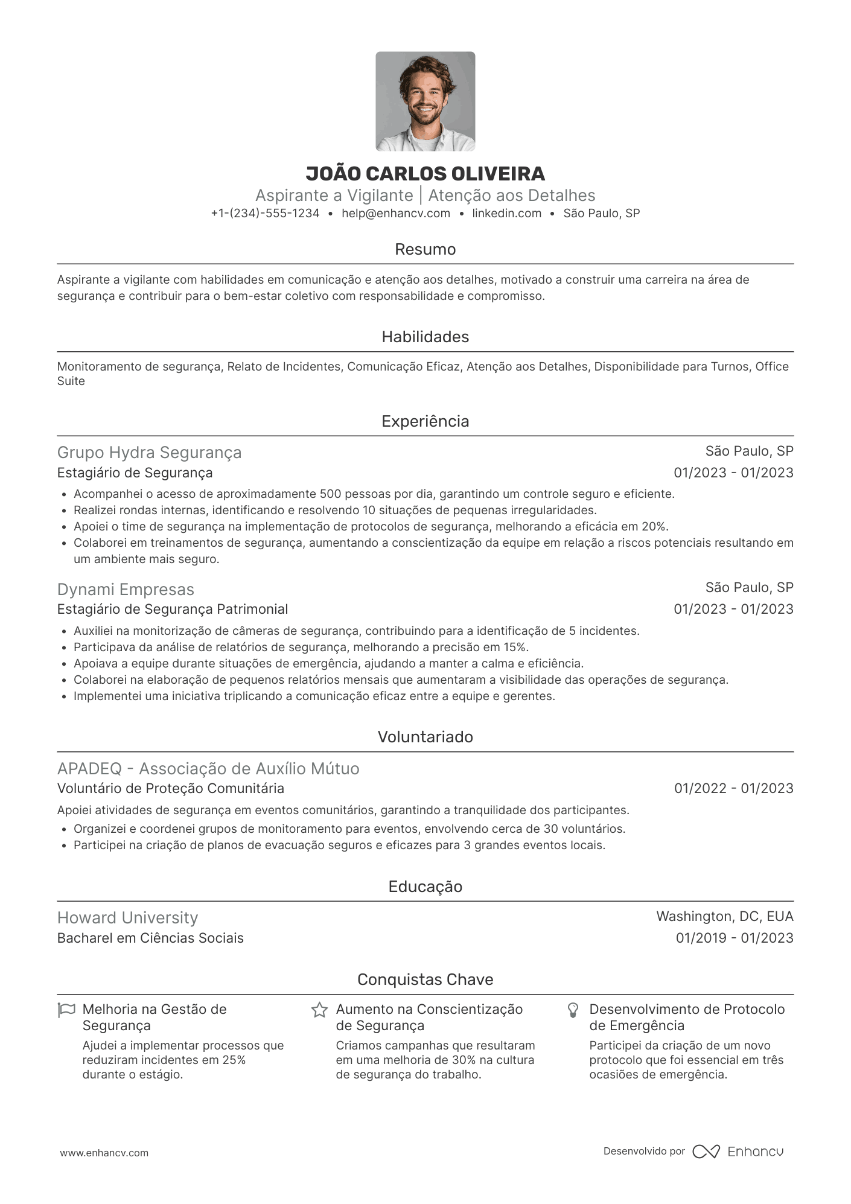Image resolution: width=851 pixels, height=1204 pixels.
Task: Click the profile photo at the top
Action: [x=425, y=101]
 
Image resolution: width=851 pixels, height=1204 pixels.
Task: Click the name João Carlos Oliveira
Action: [x=425, y=174]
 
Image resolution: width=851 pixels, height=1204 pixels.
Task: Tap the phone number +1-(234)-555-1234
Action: [x=265, y=213]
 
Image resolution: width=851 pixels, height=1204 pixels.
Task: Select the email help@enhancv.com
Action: [x=396, y=213]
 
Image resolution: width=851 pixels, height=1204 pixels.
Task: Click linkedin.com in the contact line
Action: [x=506, y=213]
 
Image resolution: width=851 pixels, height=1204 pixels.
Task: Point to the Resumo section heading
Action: [x=425, y=249]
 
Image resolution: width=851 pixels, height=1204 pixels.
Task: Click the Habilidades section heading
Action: [x=425, y=337]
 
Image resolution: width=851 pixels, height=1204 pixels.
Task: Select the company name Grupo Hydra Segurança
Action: [x=149, y=453]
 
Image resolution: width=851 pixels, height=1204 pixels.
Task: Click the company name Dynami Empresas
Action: [x=126, y=590]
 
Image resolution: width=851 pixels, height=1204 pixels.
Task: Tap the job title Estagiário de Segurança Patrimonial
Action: [x=173, y=610]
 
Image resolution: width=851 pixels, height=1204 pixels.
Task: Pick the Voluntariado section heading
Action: [x=425, y=737]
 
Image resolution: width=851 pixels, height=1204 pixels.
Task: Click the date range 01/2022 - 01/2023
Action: [x=733, y=788]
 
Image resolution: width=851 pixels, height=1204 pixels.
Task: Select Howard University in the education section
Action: [x=127, y=918]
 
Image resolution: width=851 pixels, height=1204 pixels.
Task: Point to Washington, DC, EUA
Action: [x=724, y=917]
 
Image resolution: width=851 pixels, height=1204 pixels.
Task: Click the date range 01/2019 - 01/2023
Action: [x=734, y=938]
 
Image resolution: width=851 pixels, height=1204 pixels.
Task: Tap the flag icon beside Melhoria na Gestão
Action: [x=66, y=1010]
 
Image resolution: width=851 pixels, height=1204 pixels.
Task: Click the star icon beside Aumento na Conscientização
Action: [x=319, y=1010]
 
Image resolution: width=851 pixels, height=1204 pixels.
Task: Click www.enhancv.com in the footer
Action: [x=104, y=1153]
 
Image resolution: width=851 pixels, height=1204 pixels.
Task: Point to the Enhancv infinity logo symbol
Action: [x=706, y=1151]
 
